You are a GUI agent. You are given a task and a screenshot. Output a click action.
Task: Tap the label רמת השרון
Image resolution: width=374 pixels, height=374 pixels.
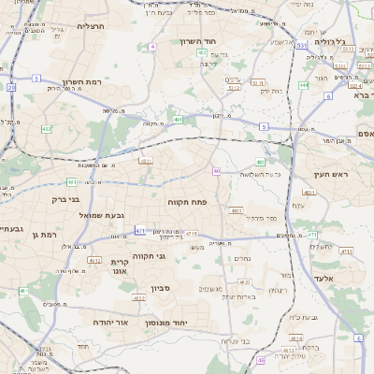[81, 82]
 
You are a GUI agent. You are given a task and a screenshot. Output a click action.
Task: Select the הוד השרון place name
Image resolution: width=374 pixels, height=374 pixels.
[198, 42]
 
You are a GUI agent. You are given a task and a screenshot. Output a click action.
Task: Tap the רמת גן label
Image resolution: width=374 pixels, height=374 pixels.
[45, 235]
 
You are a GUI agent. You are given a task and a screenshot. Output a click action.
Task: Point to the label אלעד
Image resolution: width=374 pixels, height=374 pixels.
[348, 279]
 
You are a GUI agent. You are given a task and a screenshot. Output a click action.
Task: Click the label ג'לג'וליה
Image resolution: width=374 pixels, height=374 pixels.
[329, 42]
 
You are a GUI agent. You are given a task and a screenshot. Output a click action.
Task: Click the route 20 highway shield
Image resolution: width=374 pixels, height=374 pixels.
[11, 87]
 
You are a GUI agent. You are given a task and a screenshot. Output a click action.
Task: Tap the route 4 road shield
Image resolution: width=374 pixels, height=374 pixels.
[152, 46]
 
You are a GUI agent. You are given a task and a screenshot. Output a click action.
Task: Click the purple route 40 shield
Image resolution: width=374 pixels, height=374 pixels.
[216, 171]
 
